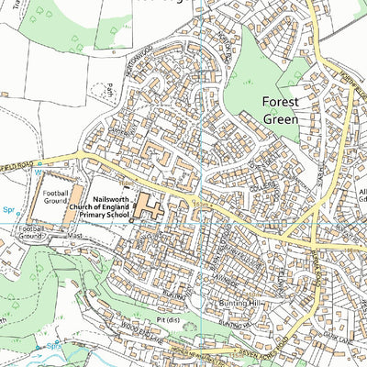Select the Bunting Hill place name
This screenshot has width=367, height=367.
(240, 303)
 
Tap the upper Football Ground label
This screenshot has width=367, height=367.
(54, 195)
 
